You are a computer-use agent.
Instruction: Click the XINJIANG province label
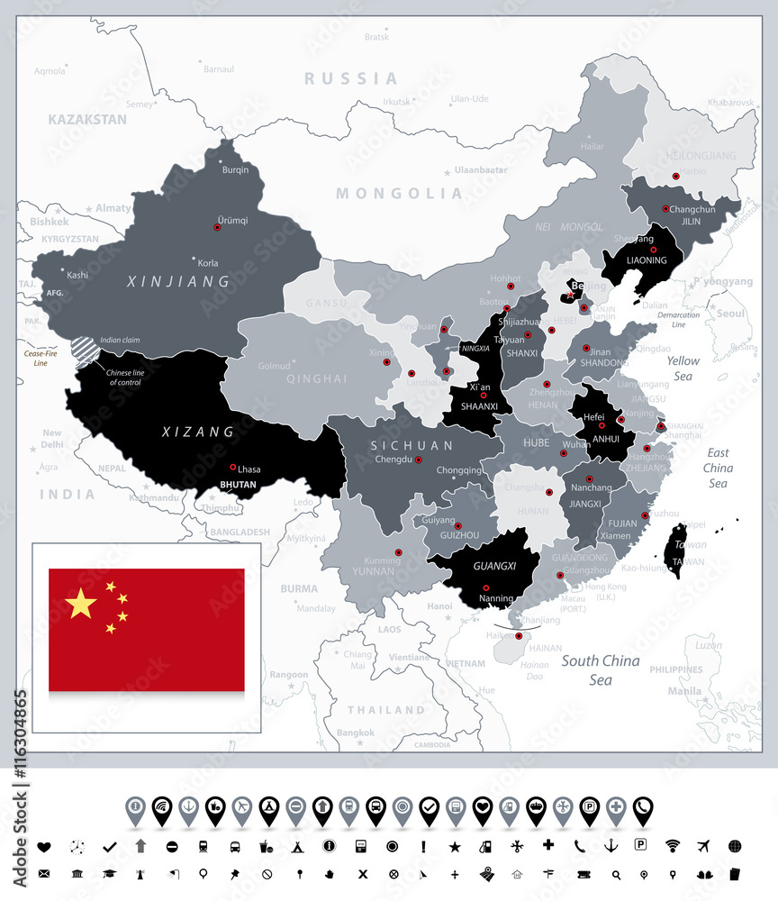pyautogui.click(x=179, y=282)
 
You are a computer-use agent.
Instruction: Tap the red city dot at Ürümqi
pyautogui.click(x=217, y=227)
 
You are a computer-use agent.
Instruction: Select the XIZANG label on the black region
pyautogui.click(x=198, y=432)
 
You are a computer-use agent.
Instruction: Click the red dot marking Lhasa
pyautogui.click(x=232, y=467)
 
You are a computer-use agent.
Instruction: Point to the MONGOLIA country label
pyautogui.click(x=399, y=193)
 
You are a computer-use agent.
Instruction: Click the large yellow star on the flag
pyautogui.click(x=81, y=604)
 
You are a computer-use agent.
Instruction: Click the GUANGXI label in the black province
pyautogui.click(x=494, y=567)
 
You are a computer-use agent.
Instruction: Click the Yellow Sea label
pyautogui.click(x=683, y=368)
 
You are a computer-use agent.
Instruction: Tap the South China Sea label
pyautogui.click(x=601, y=669)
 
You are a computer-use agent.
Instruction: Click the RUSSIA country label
pyautogui.click(x=350, y=79)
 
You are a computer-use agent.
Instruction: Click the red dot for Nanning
pyautogui.click(x=487, y=587)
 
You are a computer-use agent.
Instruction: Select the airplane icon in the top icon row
pyautogui.click(x=703, y=846)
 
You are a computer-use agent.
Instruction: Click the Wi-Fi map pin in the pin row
pyautogui.click(x=162, y=808)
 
